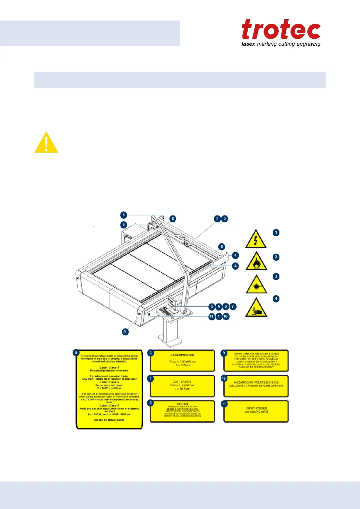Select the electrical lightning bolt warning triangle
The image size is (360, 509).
tap(256, 239)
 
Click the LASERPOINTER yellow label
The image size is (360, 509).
tap(182, 361)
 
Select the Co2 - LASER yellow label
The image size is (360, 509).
tap(182, 386)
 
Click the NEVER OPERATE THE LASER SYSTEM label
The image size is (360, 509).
tap(256, 361)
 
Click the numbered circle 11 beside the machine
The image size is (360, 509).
tap(212, 316)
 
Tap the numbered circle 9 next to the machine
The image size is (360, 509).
tap(219, 306)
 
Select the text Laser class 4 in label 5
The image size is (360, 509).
tap(109, 405)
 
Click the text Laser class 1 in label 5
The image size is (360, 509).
tap(109, 368)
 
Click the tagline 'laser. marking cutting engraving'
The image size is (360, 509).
tap(281, 44)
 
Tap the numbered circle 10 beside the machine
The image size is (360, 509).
tap(226, 316)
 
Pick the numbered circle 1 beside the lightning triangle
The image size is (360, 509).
tap(276, 232)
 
